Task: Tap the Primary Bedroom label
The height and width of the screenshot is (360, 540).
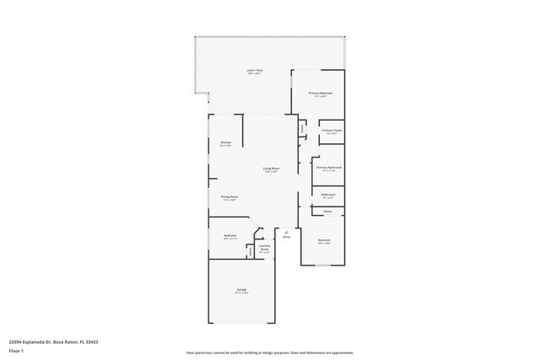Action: point(320,94)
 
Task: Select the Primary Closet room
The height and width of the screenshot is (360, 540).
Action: point(332,132)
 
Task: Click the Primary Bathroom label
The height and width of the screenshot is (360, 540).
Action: point(328,168)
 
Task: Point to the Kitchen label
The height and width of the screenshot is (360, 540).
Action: point(225,143)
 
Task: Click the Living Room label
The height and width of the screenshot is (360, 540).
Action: point(271,169)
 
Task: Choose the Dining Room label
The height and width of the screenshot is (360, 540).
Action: point(229,198)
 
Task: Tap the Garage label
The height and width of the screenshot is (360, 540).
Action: point(241,290)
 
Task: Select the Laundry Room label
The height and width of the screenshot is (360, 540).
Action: point(264,249)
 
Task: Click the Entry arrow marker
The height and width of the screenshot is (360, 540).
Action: point(286,231)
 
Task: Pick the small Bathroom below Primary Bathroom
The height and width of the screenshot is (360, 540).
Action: point(328,196)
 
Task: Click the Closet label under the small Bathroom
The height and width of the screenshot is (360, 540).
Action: point(327,212)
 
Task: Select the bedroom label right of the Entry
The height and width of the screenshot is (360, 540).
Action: point(324,241)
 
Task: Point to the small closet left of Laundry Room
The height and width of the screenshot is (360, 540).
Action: point(250,250)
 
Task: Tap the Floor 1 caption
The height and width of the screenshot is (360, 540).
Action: point(16,350)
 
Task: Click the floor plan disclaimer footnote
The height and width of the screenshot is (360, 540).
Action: point(270,352)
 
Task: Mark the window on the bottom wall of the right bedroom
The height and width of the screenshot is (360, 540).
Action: point(324,266)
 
